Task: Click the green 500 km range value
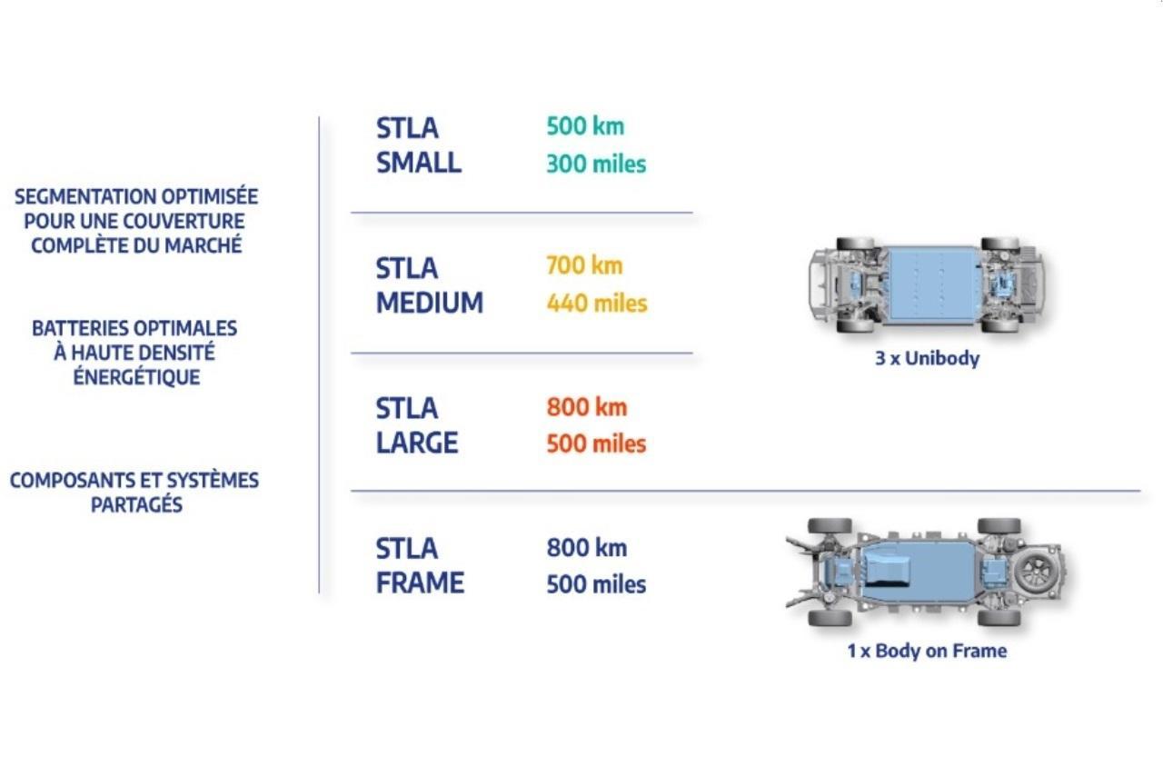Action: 585,126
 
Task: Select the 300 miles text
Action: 596,164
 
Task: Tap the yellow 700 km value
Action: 584,265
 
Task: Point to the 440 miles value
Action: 597,304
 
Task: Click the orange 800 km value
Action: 587,407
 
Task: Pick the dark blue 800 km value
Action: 587,548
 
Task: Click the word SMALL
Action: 419,163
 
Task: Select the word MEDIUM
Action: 430,303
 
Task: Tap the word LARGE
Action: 417,443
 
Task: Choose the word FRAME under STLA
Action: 420,583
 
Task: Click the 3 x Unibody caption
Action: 928,358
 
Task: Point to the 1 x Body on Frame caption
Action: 927,651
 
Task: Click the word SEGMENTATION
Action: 84,197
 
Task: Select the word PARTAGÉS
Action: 136,504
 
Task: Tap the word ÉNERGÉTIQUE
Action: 136,376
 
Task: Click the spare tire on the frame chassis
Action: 1038,572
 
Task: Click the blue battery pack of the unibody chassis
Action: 932,285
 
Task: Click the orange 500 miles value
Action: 596,444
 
